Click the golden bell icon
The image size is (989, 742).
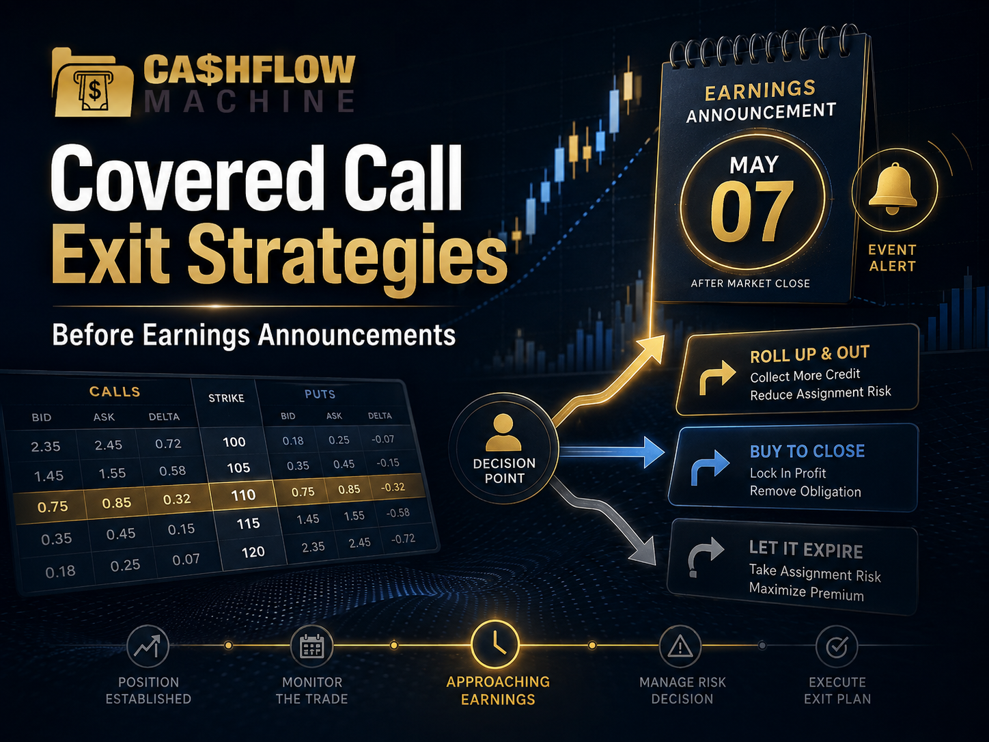click(893, 189)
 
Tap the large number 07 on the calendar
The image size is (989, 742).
click(752, 211)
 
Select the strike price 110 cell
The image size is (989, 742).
click(243, 495)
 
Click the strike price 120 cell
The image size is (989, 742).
click(253, 552)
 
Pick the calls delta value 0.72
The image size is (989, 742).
click(168, 443)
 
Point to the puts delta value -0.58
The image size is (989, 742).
click(398, 512)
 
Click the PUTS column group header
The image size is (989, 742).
click(320, 394)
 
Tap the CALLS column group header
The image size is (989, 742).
click(115, 391)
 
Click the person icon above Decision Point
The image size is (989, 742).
click(503, 432)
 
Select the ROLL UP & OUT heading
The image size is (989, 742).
click(809, 354)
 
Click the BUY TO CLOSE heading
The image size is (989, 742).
click(807, 451)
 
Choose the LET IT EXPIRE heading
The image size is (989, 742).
click(806, 549)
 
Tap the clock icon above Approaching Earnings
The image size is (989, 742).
click(494, 645)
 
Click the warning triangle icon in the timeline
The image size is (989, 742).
click(680, 647)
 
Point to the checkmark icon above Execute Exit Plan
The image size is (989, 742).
click(837, 646)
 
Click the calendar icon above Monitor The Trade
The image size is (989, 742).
click(311, 646)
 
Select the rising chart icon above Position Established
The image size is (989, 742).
click(148, 646)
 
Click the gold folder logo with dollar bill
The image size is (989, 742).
click(92, 83)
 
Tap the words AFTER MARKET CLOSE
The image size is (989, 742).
click(750, 284)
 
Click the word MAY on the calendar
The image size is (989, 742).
click(754, 165)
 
